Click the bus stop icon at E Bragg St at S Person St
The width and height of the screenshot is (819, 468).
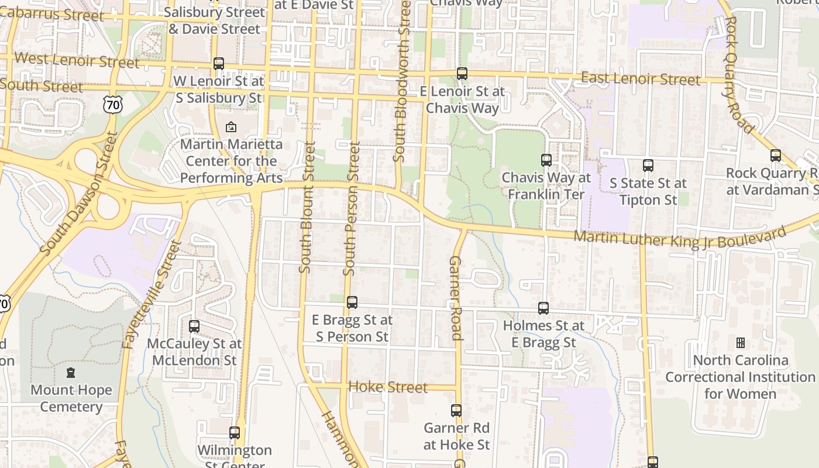[352, 302]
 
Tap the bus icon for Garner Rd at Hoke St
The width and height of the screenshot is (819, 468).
[456, 411]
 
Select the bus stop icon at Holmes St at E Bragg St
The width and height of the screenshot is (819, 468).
[543, 308]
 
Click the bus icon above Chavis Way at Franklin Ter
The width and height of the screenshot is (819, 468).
[546, 160]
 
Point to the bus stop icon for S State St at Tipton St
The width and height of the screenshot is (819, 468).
[648, 166]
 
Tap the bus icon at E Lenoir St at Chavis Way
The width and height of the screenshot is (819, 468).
[462, 74]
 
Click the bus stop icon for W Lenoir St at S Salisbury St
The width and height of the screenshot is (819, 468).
[219, 64]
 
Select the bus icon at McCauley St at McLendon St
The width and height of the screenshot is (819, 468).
[194, 326]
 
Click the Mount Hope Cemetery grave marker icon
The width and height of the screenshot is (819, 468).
[71, 373]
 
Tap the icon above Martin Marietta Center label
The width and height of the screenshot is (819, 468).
[231, 126]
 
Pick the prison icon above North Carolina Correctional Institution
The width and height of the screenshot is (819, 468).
[740, 342]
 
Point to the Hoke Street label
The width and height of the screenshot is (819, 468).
[388, 387]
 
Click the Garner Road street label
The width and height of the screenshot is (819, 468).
[456, 298]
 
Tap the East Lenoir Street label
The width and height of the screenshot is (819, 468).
[640, 78]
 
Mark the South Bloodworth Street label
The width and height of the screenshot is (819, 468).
[401, 82]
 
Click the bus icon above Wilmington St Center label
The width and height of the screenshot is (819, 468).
[235, 433]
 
